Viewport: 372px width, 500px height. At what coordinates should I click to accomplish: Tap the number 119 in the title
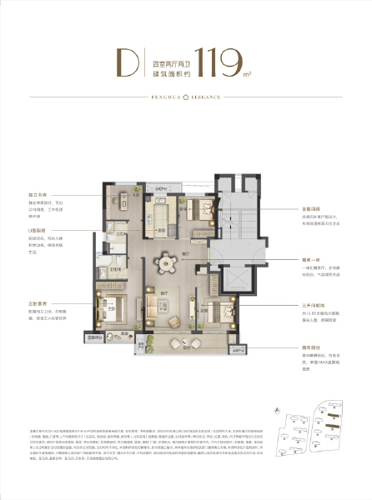click(216, 61)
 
